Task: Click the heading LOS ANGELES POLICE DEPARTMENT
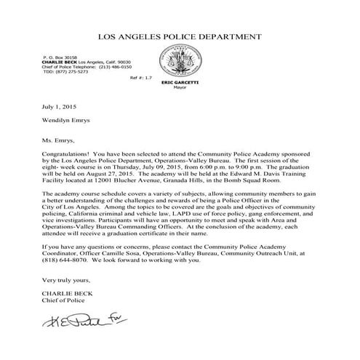(180, 35)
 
